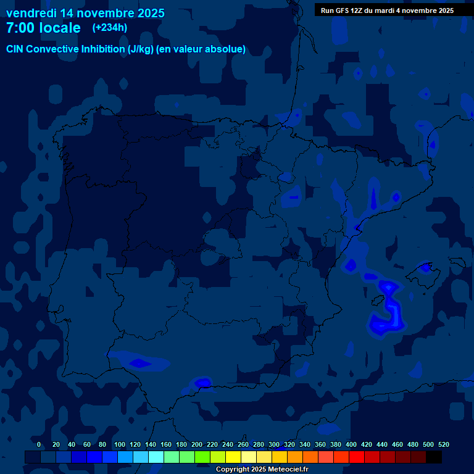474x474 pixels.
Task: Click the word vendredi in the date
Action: [x=31, y=13]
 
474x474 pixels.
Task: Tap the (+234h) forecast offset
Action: [x=109, y=28]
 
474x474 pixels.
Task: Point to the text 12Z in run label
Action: [x=356, y=10]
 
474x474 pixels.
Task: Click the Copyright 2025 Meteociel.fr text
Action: [x=262, y=470]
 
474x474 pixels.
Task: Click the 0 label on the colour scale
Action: [x=39, y=445]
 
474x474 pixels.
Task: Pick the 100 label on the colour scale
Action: [x=120, y=445]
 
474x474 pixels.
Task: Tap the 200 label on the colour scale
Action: [x=197, y=445]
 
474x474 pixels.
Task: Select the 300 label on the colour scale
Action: [x=274, y=445]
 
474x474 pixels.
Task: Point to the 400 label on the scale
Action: [x=351, y=445]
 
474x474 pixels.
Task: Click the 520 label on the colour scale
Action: [x=443, y=445]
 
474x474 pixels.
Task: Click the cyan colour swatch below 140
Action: [x=156, y=457]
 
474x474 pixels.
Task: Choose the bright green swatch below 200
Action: [x=202, y=457]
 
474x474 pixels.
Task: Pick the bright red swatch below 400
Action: [x=357, y=457]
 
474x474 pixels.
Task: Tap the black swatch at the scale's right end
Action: [x=434, y=457]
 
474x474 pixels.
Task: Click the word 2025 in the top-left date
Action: [x=148, y=13]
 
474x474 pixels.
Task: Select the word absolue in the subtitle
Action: [x=225, y=49]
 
